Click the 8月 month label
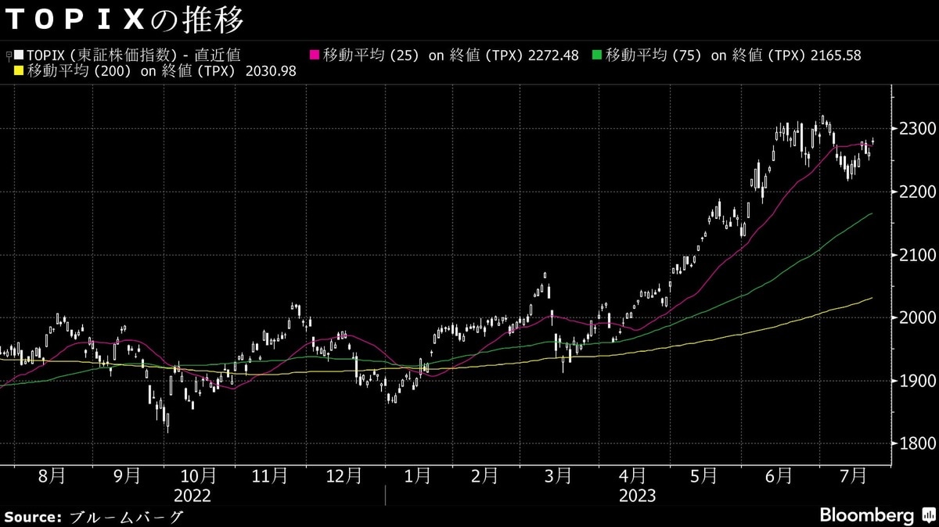point(52,475)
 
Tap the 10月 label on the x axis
point(198,475)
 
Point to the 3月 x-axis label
point(558,475)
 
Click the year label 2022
point(192,496)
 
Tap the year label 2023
point(637,496)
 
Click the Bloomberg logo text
point(866,515)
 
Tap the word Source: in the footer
point(32,517)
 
